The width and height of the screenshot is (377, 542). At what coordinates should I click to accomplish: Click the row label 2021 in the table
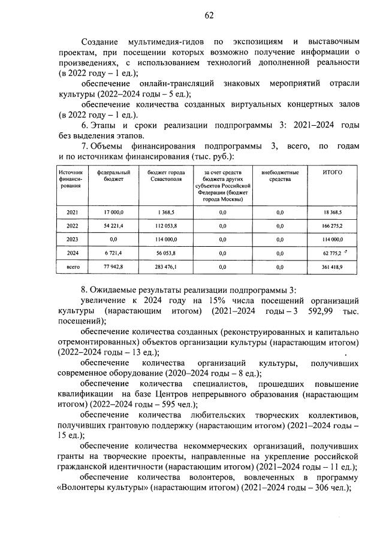click(x=73, y=213)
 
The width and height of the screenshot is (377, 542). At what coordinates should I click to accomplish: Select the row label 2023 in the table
click(x=73, y=239)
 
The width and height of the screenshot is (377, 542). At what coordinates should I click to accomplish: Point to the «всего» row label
click(x=73, y=266)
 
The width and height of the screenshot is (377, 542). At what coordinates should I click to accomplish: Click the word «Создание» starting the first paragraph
click(x=100, y=41)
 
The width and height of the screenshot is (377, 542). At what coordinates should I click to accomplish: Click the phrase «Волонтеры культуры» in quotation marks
click(x=102, y=488)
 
